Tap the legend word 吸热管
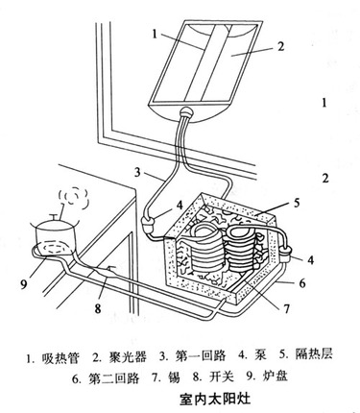pyautogui.click(x=60, y=357)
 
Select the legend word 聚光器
pyautogui.click(x=129, y=357)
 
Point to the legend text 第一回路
pyautogui.click(x=202, y=356)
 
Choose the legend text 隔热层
pyautogui.click(x=314, y=353)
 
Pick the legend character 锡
pyautogui.click(x=174, y=377)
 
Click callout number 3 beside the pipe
pyautogui.click(x=137, y=173)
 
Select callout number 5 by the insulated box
pyautogui.click(x=297, y=203)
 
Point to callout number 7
pyautogui.click(x=287, y=309)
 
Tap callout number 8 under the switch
pyautogui.click(x=98, y=309)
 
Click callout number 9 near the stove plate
pyautogui.click(x=24, y=284)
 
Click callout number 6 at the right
pyautogui.click(x=302, y=283)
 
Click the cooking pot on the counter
pyautogui.click(x=55, y=236)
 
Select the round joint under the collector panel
pyautogui.click(x=186, y=113)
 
